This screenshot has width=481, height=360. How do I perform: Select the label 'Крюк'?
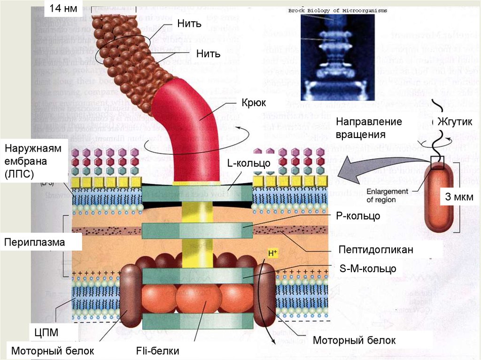click(x=254, y=102)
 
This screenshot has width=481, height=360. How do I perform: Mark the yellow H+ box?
click(x=273, y=253)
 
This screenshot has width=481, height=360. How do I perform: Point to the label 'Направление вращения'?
click(x=369, y=128)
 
